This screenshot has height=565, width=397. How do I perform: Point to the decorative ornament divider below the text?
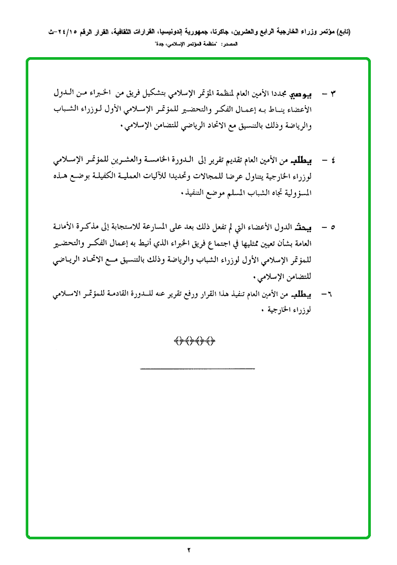194,341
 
